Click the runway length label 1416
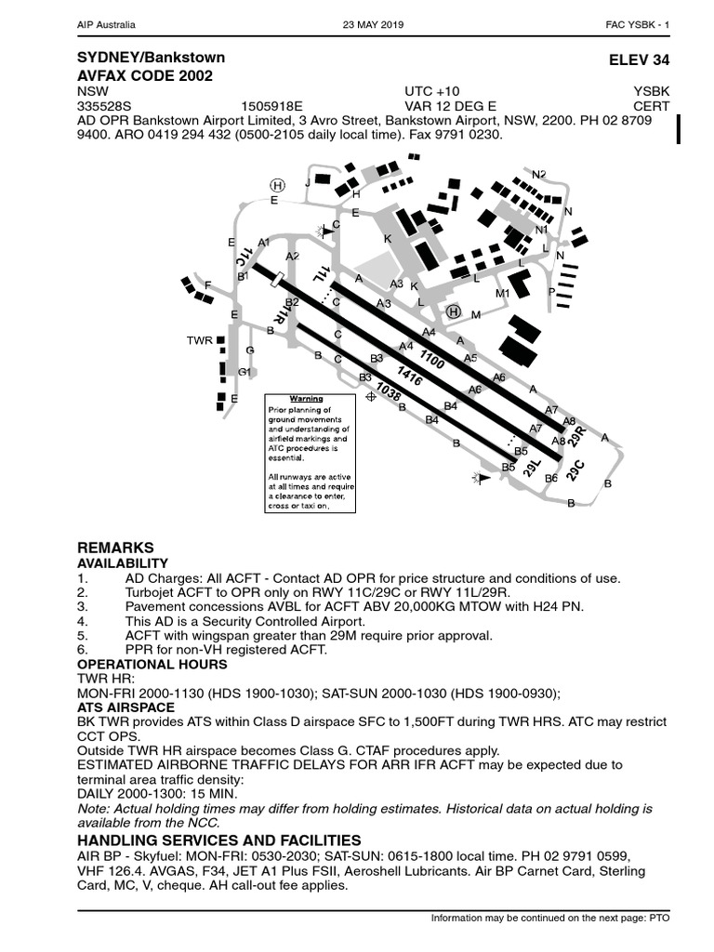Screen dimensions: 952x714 point(410,377)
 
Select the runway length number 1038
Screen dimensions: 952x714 point(389,394)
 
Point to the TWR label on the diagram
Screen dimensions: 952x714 point(199,341)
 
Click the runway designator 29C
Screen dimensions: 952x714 point(575,469)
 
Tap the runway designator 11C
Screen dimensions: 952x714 point(244,256)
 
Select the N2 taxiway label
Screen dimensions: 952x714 point(539,174)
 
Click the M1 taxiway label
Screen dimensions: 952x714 point(503,294)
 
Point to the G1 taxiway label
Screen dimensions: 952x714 point(245,372)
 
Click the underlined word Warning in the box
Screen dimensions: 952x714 point(306,399)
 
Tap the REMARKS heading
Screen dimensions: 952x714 point(114,548)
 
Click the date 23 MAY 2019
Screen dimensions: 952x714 point(374,24)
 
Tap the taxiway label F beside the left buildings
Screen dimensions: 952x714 point(208,284)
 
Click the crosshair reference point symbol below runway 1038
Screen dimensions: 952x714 point(371,396)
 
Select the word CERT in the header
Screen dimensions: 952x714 point(652,106)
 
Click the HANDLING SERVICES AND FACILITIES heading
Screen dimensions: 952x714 point(218,840)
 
